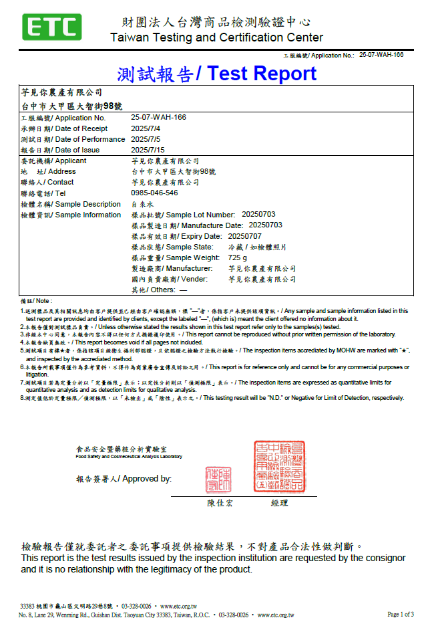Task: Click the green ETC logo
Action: click(x=52, y=27)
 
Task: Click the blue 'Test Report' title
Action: click(x=262, y=74)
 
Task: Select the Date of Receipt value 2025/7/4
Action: click(x=146, y=128)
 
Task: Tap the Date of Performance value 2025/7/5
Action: click(x=146, y=139)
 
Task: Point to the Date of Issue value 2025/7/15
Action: click(x=148, y=150)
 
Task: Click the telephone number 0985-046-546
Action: click(x=154, y=193)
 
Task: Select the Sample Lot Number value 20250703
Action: click(x=258, y=215)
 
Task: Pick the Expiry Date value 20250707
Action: click(x=245, y=236)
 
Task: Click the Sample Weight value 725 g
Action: click(x=237, y=257)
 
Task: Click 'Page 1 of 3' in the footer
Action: click(x=401, y=614)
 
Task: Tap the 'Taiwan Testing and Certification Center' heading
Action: click(x=216, y=37)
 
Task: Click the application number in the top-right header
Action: click(x=381, y=55)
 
